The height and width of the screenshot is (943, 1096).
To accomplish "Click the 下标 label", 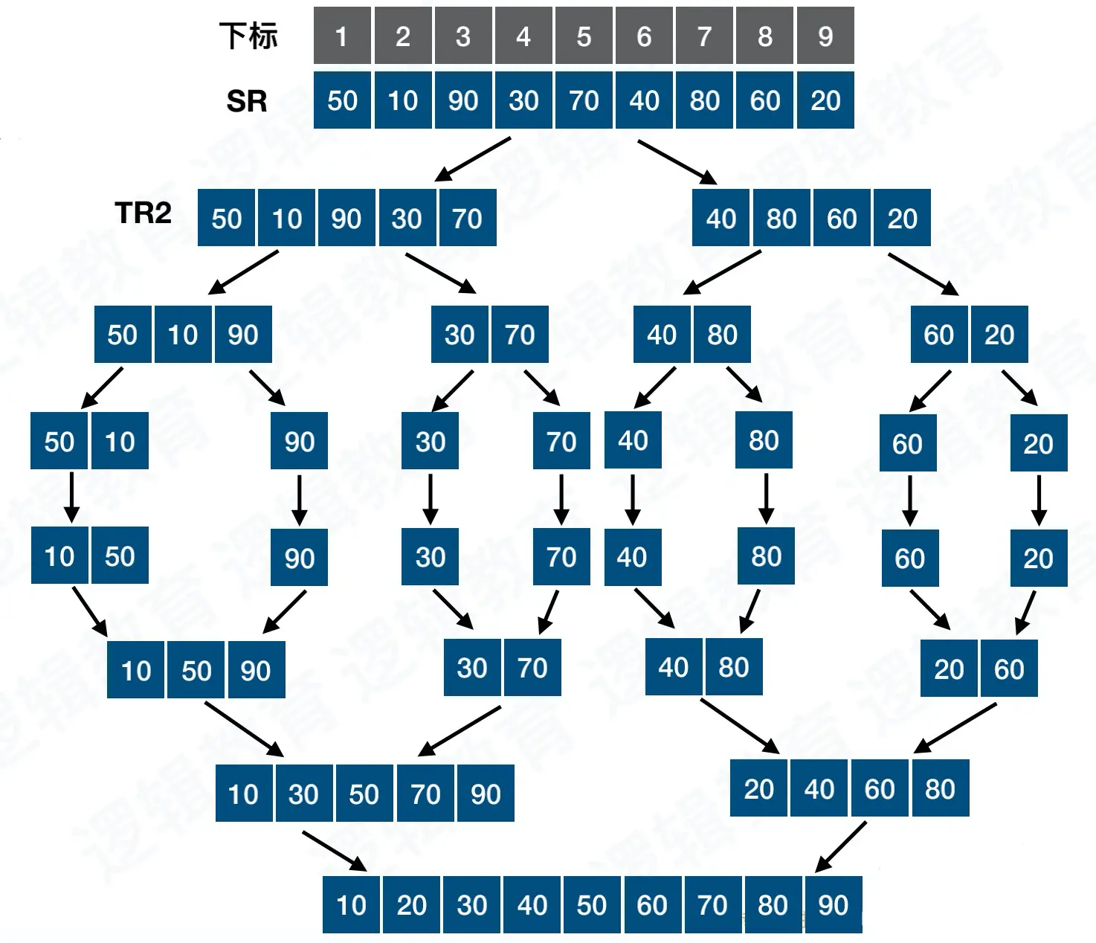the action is coord(248,36).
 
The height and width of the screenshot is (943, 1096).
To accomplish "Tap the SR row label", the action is coord(247,101).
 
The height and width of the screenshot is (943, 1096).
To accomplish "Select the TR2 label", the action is coord(143,213).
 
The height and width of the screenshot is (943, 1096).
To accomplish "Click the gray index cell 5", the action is coord(584,36).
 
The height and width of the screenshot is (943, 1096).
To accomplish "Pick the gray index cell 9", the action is coord(825,36).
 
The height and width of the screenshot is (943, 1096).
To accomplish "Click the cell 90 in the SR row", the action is coord(462,100).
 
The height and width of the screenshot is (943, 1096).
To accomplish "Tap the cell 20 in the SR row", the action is coord(825,100).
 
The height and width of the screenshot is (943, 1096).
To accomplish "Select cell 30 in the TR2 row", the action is coord(407,218).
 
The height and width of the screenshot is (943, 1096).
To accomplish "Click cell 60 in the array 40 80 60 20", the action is coord(842,218).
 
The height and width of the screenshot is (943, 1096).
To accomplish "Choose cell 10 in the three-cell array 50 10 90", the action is coord(183,335).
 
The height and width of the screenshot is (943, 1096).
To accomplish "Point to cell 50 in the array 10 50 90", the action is coord(196,670).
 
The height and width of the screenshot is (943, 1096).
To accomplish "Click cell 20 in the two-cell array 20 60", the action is coord(949,669).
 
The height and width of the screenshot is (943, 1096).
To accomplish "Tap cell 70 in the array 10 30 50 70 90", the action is coord(425,794).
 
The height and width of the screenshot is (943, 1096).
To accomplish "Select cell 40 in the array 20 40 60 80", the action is coord(819,788).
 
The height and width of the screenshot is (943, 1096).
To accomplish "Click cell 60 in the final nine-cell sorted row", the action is coord(652,904).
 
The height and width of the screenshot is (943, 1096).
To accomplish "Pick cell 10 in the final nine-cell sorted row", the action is coord(351,904).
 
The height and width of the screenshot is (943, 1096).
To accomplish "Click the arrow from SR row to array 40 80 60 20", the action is coord(677,161).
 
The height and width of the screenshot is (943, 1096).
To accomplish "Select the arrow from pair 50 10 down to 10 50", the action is coord(71,497).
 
